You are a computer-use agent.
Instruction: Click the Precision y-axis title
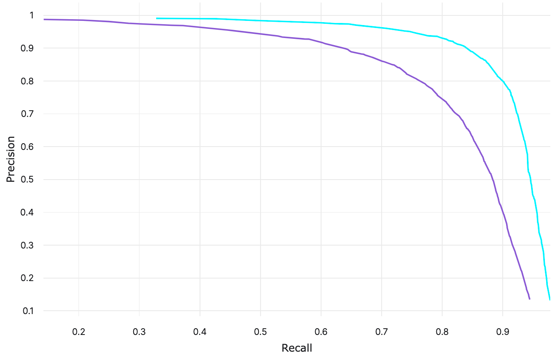coord(10,159)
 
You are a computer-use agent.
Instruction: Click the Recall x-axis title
coord(297,348)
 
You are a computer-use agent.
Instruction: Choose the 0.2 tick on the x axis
coord(78,332)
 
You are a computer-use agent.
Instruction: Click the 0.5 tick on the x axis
coord(261,332)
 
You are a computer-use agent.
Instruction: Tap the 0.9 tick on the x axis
coord(503,332)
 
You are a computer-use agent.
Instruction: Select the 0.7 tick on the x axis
coord(382,332)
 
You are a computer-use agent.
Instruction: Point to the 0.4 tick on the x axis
coord(200,332)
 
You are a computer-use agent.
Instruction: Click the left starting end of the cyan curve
coord(157,18)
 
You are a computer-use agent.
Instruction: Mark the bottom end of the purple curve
coord(529,299)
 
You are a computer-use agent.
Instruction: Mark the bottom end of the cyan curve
coord(549,299)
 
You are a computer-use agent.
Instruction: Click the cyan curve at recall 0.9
coord(503,81)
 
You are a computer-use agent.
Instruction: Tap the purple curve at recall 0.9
coord(503,212)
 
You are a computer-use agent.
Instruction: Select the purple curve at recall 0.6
coord(321,42)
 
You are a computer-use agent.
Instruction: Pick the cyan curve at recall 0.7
coord(382,28)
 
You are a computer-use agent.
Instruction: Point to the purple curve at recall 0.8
coord(442,99)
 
